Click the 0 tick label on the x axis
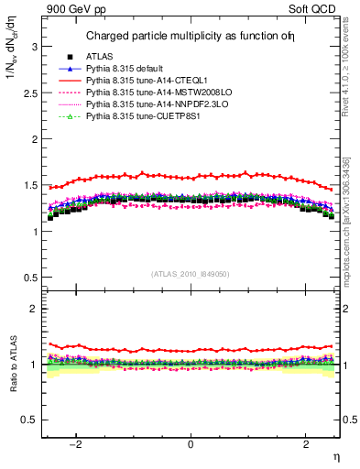(191, 444)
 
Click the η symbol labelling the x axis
(335, 456)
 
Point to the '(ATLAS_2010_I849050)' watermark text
(191, 273)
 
